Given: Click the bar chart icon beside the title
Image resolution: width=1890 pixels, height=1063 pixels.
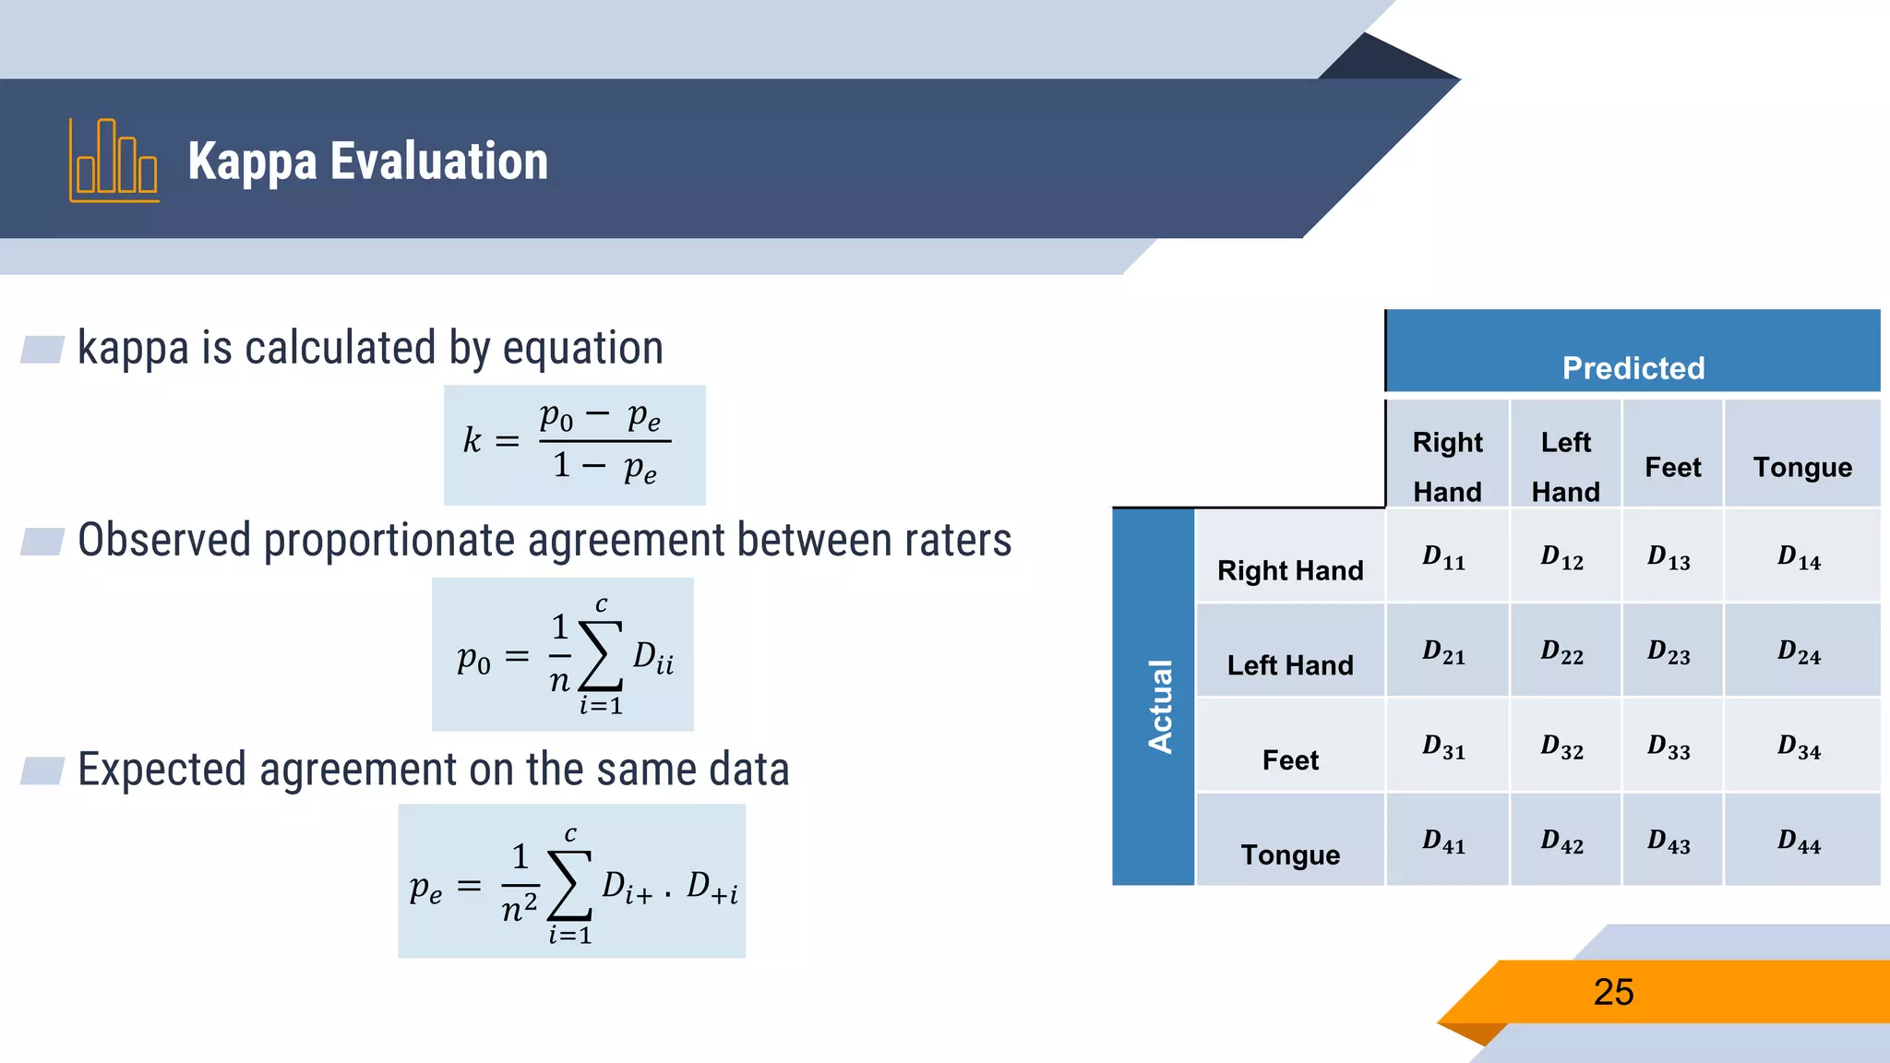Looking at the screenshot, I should coord(114,161).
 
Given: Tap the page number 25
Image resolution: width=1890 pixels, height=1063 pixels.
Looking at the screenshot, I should coord(1613,993).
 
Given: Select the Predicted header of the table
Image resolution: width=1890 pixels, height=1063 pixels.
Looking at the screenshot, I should coord(1633,367).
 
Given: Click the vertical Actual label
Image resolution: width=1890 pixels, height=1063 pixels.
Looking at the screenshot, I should coord(1160,706).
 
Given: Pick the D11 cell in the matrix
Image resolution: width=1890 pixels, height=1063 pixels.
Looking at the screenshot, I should coord(1444,558).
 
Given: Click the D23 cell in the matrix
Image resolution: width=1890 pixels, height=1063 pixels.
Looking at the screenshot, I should coord(1669,653).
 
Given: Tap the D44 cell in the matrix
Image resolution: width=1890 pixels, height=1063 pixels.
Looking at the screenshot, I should coord(1800,842).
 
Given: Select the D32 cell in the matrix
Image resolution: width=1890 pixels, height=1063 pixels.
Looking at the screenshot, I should coord(1561,747).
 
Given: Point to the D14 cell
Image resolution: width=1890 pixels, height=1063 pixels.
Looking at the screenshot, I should coord(1800,558).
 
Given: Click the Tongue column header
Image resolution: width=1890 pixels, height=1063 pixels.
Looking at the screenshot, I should coord(1802,467).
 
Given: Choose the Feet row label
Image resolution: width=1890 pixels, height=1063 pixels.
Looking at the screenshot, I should coord(1290,760).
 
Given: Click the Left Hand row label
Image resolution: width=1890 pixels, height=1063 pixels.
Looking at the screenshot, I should coord(1290,665).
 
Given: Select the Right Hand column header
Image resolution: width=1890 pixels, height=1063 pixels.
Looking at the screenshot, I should coord(1447,466).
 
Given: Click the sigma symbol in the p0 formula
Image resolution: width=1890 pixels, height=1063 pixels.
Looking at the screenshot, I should coord(601,656).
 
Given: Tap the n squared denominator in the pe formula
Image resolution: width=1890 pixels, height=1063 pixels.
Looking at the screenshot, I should coord(520,910).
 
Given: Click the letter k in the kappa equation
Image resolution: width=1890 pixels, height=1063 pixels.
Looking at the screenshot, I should coord(472,441).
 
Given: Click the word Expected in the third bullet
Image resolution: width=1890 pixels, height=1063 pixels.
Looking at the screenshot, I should coord(162,770).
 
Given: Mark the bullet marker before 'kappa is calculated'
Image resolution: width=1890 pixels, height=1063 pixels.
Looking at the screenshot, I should coord(42,350).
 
